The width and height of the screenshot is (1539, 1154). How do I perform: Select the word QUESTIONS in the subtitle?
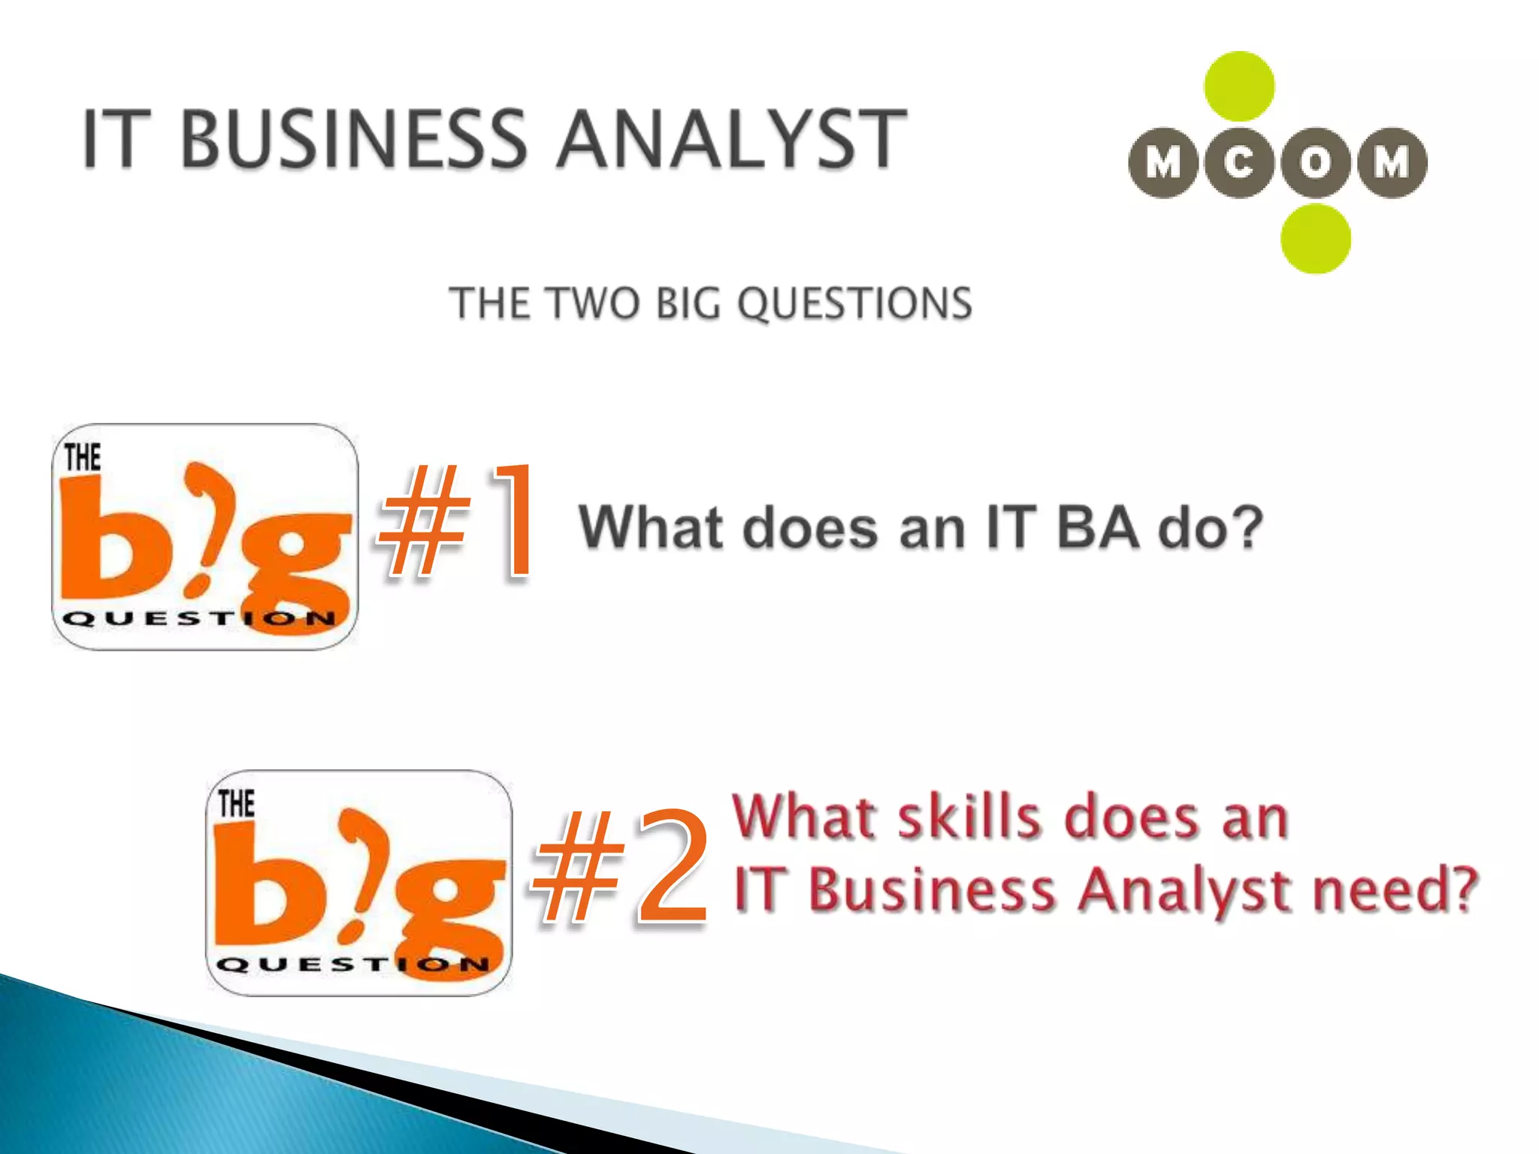click(x=854, y=304)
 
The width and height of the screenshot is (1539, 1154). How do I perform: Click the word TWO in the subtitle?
click(x=594, y=304)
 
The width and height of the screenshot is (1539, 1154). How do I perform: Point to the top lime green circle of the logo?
click(x=1239, y=86)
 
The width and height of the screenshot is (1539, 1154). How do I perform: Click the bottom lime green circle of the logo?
click(x=1315, y=239)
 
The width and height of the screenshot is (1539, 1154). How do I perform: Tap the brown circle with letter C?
click(x=1239, y=163)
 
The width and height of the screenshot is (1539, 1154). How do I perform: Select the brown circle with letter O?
click(x=1315, y=163)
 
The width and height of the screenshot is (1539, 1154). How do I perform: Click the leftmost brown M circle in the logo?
click(x=1163, y=163)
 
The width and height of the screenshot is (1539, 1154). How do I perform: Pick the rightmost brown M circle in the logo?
click(x=1392, y=163)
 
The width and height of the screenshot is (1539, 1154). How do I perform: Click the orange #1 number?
click(x=458, y=522)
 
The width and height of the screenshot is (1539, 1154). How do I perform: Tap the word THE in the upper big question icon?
click(x=82, y=458)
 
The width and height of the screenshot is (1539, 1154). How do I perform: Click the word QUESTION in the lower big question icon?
click(x=352, y=965)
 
